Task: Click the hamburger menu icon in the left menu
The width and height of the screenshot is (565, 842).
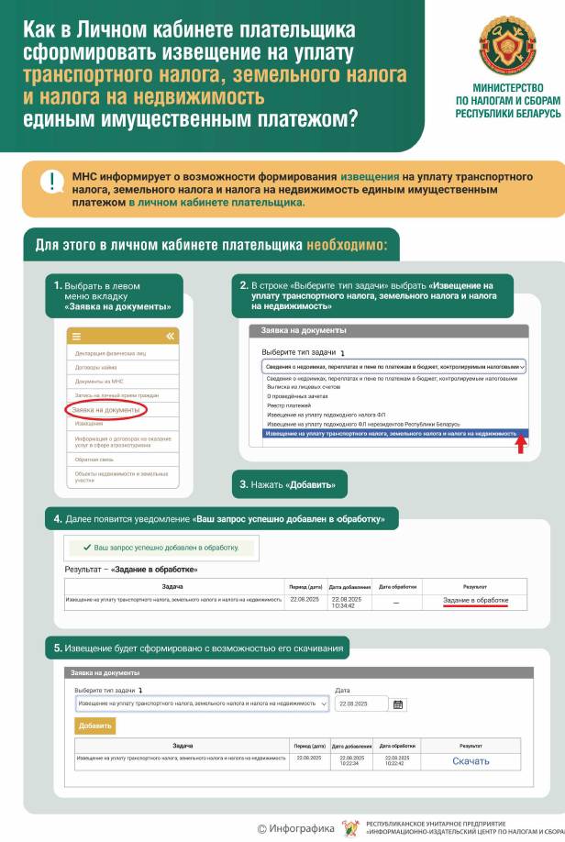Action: [x=76, y=337]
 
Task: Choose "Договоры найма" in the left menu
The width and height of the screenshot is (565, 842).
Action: [x=96, y=367]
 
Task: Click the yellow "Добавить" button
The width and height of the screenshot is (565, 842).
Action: [x=95, y=726]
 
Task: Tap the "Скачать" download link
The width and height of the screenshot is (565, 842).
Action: [x=471, y=761]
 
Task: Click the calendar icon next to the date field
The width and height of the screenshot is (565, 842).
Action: [x=398, y=704]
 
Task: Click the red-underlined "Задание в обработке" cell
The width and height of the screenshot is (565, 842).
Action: [x=475, y=601]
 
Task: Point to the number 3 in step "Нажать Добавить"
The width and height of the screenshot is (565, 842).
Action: [x=243, y=484]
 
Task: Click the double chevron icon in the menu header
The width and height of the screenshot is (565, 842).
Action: [x=169, y=337]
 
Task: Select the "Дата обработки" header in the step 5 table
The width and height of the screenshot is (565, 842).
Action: [x=397, y=746]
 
